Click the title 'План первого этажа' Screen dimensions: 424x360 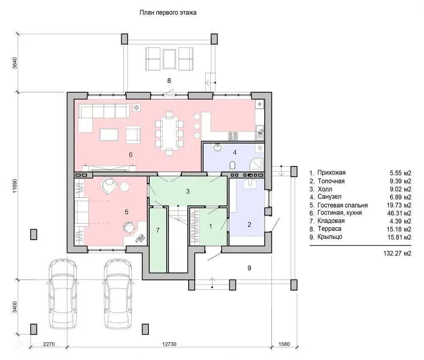point(168,12)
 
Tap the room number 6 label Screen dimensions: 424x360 point(131,155)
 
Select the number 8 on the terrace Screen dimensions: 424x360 point(169,80)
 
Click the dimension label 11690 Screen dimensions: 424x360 point(14,186)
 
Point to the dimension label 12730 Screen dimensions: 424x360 point(169,344)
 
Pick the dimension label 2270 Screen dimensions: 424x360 point(49,344)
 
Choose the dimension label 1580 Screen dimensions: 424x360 point(284,344)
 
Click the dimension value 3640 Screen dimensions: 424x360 point(14,63)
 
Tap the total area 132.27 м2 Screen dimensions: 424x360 point(397,253)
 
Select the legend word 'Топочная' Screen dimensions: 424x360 point(331,181)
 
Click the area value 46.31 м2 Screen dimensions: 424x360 point(399,213)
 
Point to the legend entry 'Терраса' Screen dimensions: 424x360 point(329,229)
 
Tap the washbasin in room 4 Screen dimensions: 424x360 point(218,147)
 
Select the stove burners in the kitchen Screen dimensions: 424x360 point(233,136)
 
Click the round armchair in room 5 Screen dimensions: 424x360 point(109,185)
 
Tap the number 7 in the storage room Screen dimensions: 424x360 point(158,230)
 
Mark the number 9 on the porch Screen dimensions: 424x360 point(249,268)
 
